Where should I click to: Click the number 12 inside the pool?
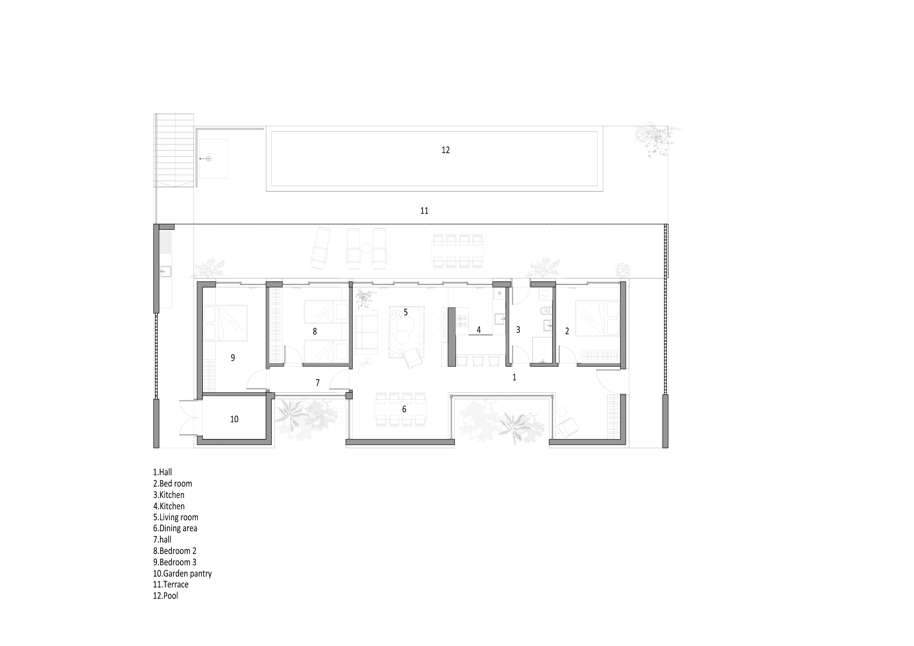[x=446, y=150]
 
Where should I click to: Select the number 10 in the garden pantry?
[x=234, y=419]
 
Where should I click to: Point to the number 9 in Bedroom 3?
[x=233, y=358]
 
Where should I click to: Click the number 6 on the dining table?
[x=404, y=409]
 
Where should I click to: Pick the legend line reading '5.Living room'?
[x=176, y=518]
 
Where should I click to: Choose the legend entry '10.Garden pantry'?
[x=182, y=574]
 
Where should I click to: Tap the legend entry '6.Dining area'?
[x=175, y=529]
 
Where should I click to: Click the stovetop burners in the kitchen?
[x=462, y=321]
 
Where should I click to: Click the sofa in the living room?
[x=366, y=332]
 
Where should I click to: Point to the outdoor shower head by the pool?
[x=208, y=159]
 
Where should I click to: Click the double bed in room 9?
[x=225, y=323]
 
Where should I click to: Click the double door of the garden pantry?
[x=188, y=418]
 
